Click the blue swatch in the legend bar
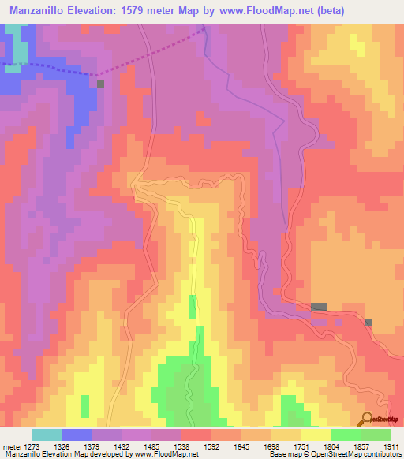pyautogui.click(x=77, y=435)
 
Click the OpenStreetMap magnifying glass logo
pyautogui.click(x=365, y=419)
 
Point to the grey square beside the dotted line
pyautogui.click(x=100, y=83)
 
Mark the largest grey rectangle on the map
pyautogui.click(x=319, y=306)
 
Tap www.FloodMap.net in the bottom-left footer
pyautogui.click(x=165, y=455)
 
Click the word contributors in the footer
pyautogui.click(x=383, y=455)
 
